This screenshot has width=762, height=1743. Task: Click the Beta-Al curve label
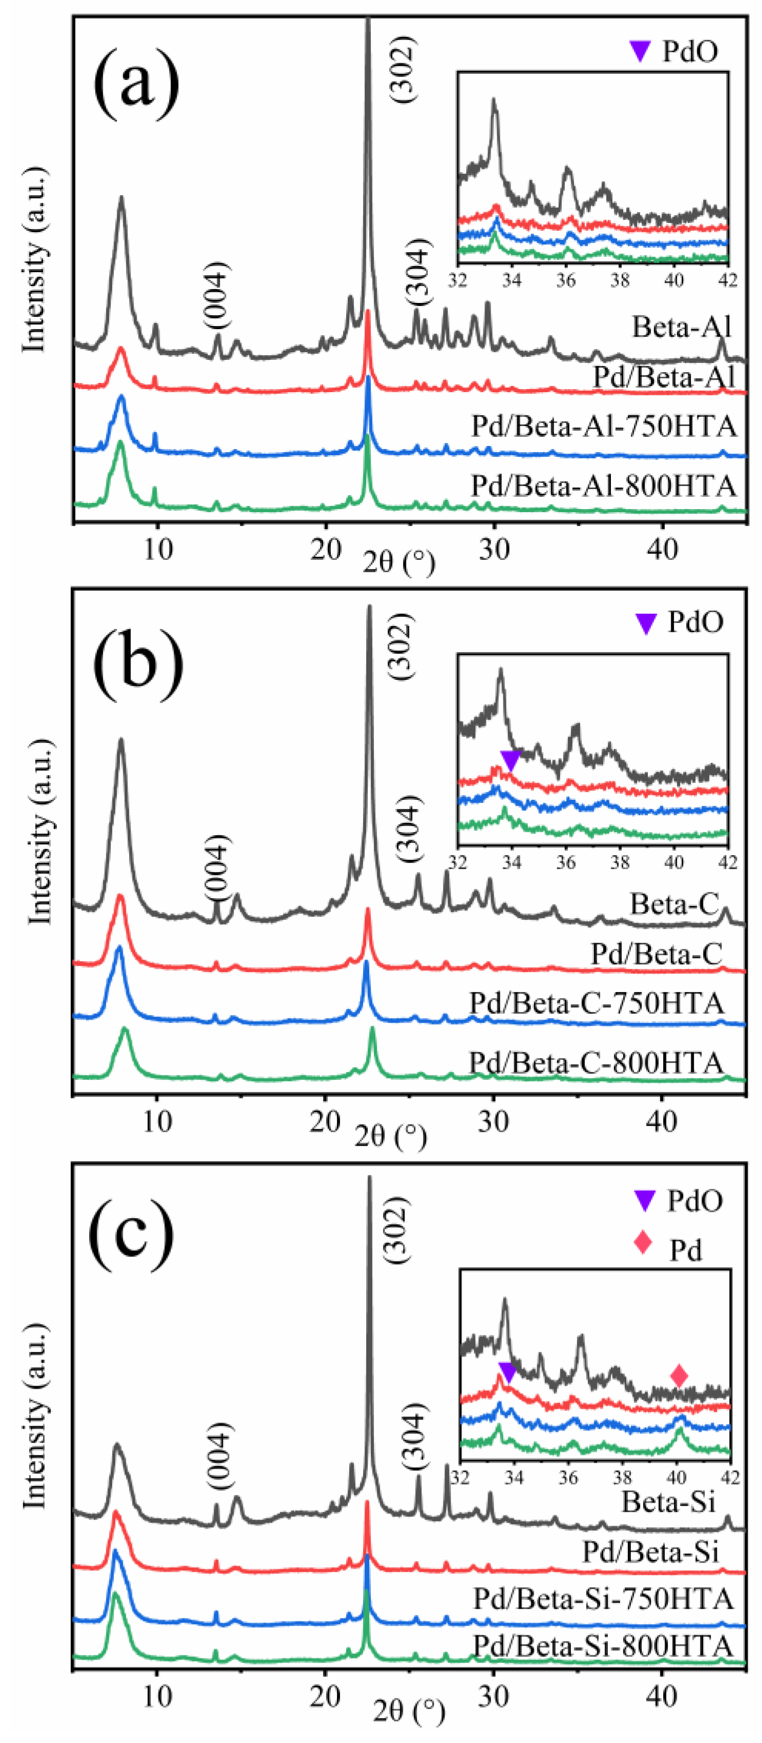[681, 327]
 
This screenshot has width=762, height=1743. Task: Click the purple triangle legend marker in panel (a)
[640, 51]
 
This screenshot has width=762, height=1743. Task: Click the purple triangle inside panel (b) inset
[511, 759]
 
